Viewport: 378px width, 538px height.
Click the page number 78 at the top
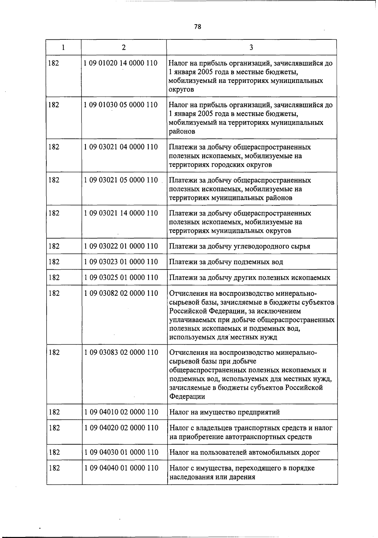click(x=198, y=27)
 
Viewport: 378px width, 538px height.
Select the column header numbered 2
click(x=124, y=47)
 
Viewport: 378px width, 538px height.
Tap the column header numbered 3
click(x=251, y=47)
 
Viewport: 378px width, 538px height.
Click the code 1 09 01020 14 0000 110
click(x=121, y=63)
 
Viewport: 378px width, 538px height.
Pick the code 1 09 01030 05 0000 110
click(x=121, y=105)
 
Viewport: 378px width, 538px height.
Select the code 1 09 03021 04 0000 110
click(x=121, y=147)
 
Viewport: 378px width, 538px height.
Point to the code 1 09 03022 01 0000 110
click(x=121, y=246)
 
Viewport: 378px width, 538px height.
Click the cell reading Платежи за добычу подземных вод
click(x=226, y=262)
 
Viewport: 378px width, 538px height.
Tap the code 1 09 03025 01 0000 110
click(x=121, y=278)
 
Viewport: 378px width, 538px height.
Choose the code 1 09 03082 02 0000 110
click(x=121, y=293)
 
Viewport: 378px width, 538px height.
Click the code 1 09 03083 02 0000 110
click(x=121, y=353)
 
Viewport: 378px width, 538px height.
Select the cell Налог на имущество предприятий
click(x=224, y=412)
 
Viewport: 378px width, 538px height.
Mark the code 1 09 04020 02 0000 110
click(x=121, y=428)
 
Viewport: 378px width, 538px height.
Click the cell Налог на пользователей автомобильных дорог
click(x=244, y=453)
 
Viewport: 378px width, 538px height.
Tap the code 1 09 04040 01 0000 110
click(x=121, y=468)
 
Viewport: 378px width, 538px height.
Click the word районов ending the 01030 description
click(x=182, y=132)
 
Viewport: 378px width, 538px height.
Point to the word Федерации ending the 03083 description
click(x=187, y=397)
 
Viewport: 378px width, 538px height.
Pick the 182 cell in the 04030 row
click(x=54, y=453)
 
